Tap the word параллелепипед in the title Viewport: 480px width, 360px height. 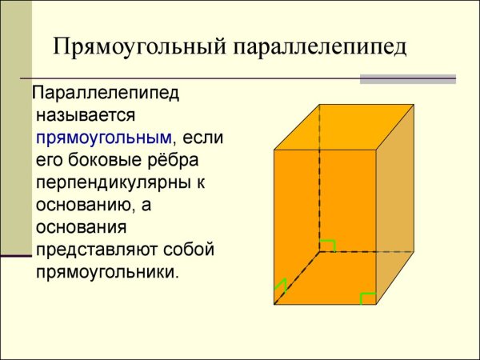click(319, 46)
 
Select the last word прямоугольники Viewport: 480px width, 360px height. click(106, 272)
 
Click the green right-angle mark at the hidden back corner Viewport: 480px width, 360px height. click(326, 245)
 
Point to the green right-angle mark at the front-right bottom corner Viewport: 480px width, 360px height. click(367, 298)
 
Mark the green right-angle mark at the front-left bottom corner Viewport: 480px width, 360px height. click(280, 287)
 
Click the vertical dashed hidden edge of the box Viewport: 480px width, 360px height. click(319, 176)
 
